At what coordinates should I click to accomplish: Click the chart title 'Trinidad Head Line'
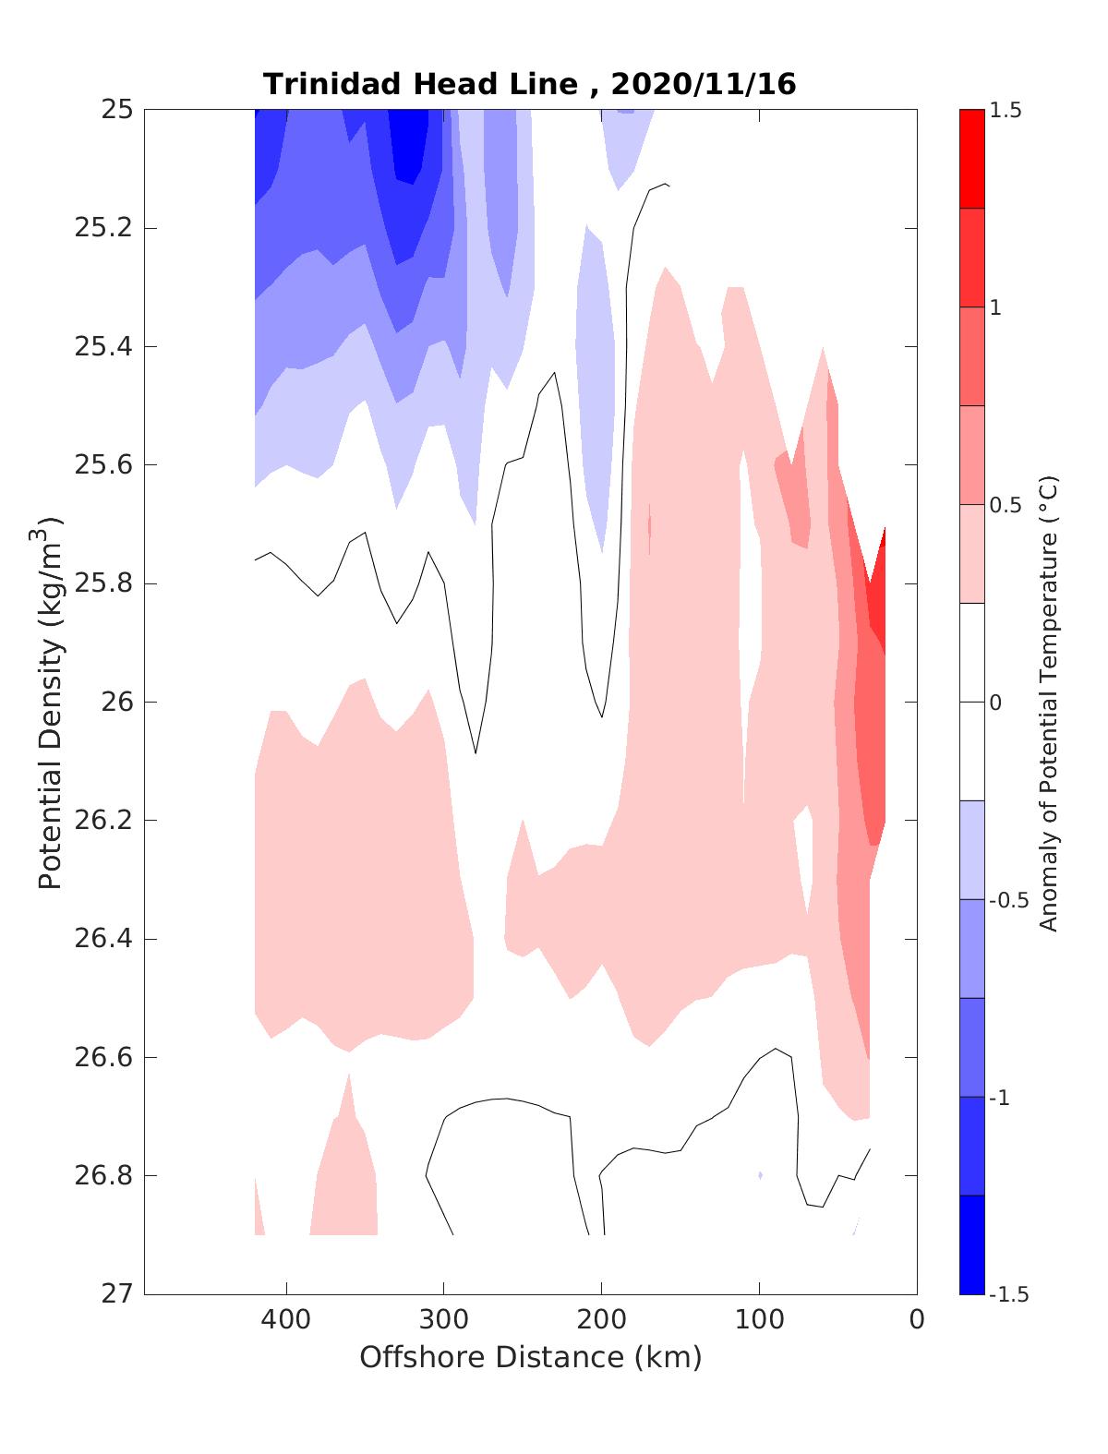click(x=421, y=85)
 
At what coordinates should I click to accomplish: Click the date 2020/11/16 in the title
click(x=703, y=85)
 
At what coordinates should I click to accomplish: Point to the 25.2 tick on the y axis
click(x=102, y=228)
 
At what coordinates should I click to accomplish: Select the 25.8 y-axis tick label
click(x=102, y=583)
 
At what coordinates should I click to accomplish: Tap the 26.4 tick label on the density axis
click(x=102, y=939)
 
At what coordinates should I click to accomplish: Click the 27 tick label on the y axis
click(x=116, y=1294)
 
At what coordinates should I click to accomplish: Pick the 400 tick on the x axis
click(x=286, y=1320)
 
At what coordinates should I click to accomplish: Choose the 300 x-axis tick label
click(x=444, y=1320)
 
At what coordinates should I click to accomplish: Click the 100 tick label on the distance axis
click(x=759, y=1320)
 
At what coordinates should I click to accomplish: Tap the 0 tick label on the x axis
click(x=917, y=1320)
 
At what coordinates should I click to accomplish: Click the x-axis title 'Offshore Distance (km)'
click(x=530, y=1357)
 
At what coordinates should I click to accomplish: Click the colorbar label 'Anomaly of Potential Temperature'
click(x=1048, y=703)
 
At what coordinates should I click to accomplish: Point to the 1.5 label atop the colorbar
click(x=1006, y=111)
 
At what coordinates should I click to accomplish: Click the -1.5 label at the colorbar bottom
click(x=1008, y=1294)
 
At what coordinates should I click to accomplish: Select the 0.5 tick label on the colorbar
click(x=1006, y=505)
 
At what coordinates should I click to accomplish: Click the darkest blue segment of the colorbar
click(x=971, y=1244)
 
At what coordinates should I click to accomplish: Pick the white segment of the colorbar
click(x=971, y=702)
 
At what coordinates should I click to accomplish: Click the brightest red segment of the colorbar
click(x=971, y=159)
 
